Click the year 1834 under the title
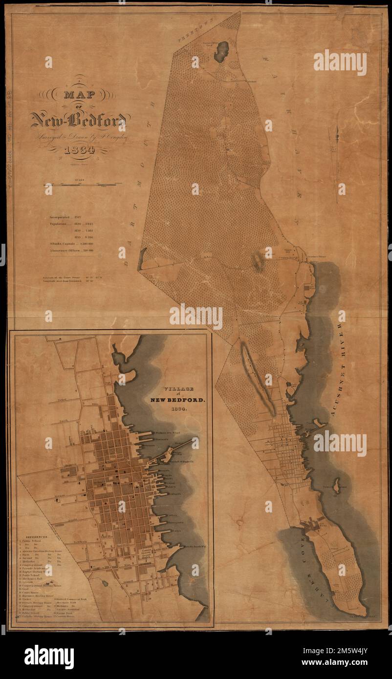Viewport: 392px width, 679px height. [81, 149]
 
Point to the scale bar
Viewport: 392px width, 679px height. [81, 185]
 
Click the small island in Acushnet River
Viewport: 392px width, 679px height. [336, 485]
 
